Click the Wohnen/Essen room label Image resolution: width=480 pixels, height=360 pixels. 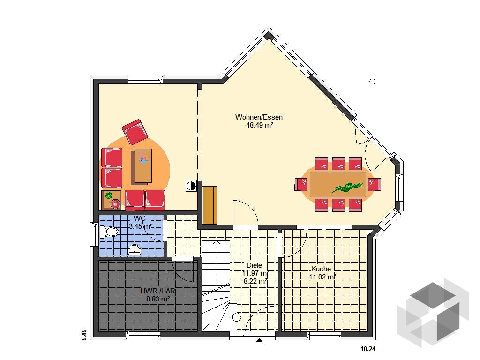click(x=259, y=117)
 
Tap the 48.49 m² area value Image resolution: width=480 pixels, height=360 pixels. click(x=260, y=125)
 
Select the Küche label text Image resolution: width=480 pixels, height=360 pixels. click(x=321, y=269)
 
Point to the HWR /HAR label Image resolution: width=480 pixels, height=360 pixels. click(x=158, y=291)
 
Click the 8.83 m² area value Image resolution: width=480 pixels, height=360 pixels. click(x=158, y=299)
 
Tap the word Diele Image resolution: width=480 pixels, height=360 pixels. click(x=254, y=265)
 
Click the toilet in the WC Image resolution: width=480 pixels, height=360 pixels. click(x=109, y=232)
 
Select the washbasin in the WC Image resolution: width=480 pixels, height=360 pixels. click(x=135, y=249)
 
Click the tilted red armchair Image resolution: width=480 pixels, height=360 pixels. click(x=135, y=132)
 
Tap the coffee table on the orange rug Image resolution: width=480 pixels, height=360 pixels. click(x=142, y=166)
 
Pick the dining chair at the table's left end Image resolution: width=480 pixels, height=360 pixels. click(x=301, y=185)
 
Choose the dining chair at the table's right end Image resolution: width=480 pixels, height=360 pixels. click(x=375, y=185)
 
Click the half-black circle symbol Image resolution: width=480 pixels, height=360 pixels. click(x=191, y=186)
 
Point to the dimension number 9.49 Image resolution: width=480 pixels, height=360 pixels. click(x=84, y=335)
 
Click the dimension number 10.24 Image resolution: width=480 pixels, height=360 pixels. click(x=367, y=349)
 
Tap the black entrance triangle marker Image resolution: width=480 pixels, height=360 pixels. click(x=259, y=340)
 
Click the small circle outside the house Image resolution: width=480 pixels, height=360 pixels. click(x=373, y=82)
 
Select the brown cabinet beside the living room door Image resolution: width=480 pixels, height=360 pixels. click(x=210, y=205)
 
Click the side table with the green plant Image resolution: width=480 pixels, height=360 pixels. click(x=112, y=200)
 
